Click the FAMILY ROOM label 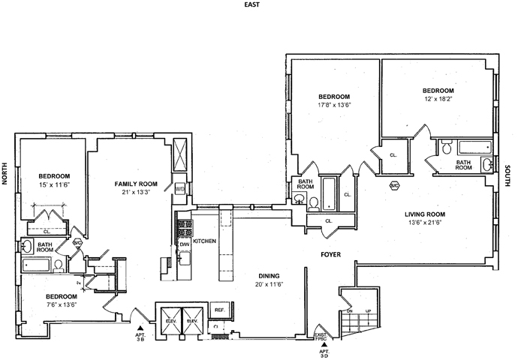click(135, 184)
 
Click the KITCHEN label click(204, 241)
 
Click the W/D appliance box click(179, 189)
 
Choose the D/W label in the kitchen click(184, 244)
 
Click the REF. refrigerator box click(220, 310)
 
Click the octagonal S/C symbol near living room click(393, 184)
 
